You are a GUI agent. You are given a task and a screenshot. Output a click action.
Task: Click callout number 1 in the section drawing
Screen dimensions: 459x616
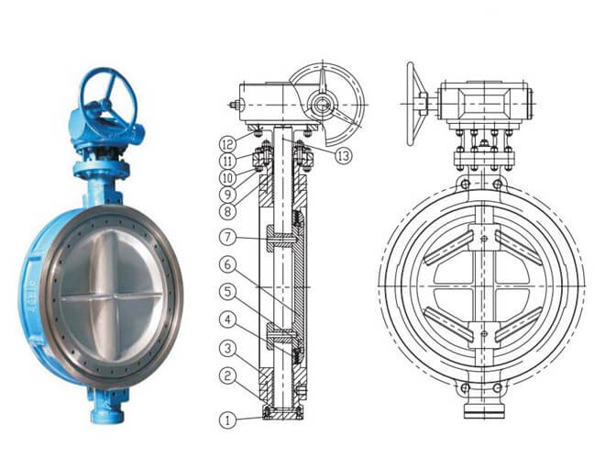coord(227,421)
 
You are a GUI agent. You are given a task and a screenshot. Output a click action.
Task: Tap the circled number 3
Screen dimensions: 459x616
coord(227,348)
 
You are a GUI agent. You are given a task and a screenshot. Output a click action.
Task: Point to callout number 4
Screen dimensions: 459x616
coord(227,319)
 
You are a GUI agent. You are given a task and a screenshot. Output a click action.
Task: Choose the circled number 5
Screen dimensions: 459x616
coord(227,293)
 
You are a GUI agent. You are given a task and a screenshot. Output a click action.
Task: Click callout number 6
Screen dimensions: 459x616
coord(227,263)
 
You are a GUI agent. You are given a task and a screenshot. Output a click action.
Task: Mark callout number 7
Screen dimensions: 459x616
coord(227,237)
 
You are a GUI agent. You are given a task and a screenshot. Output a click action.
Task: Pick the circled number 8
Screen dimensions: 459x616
coord(227,209)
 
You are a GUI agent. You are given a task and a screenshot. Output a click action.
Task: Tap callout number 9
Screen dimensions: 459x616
coord(227,193)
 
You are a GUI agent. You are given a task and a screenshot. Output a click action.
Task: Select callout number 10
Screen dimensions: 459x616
coord(227,175)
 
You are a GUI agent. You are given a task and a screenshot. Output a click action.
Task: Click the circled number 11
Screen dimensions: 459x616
coord(227,159)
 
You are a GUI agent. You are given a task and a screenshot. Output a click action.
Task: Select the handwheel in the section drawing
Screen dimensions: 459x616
coord(325,100)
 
